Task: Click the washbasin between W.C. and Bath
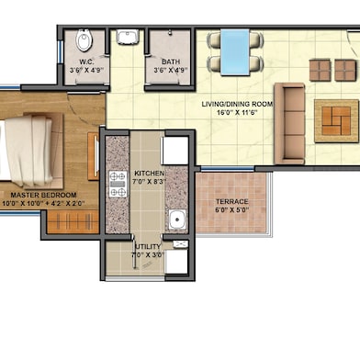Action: tap(126, 38)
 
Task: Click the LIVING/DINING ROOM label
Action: tap(237, 105)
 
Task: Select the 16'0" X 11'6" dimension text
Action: tap(237, 114)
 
